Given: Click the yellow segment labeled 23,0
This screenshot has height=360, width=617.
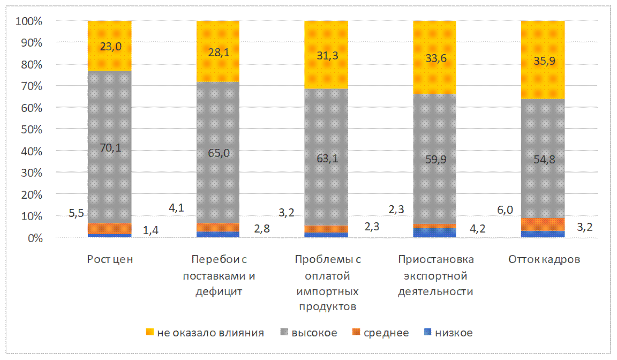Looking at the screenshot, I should tap(110, 46).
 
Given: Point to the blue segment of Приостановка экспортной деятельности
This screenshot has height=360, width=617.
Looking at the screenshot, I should tap(434, 232).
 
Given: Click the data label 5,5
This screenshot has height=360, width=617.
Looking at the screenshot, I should tap(77, 214).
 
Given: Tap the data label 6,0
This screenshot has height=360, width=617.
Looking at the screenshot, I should tap(506, 211).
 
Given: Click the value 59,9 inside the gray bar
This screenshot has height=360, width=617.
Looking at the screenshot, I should tap(434, 158).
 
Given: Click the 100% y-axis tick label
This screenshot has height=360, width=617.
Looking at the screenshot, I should tap(29, 21).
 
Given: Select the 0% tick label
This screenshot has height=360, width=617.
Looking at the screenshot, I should tap(33, 238).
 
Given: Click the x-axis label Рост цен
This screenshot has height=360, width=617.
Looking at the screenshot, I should tap(110, 260).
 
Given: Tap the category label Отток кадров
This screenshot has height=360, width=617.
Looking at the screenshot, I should tap(543, 260).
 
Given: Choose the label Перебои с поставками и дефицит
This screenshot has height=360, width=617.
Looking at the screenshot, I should tap(218, 276).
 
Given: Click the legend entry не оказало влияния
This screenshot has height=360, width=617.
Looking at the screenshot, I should tap(210, 333).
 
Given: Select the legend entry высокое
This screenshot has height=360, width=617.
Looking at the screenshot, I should tap(314, 333).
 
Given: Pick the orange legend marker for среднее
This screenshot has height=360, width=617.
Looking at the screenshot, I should tap(355, 333).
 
